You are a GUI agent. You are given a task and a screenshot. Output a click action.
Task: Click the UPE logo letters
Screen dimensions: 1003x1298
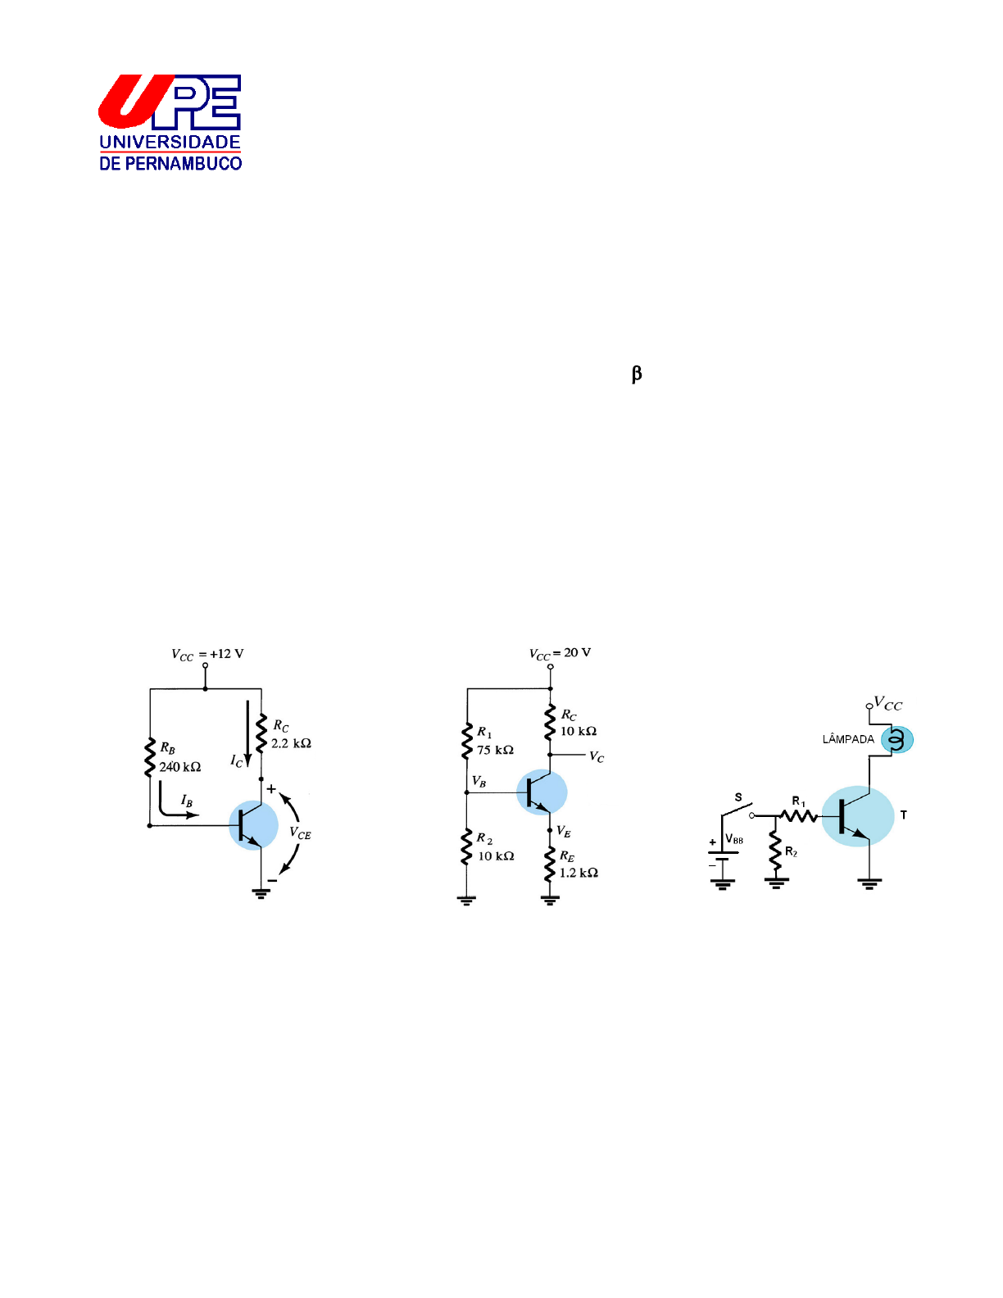point(170,102)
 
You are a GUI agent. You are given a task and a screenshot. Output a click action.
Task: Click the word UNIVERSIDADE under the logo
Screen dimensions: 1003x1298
point(170,142)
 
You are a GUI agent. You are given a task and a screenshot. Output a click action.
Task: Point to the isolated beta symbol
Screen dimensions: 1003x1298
point(637,374)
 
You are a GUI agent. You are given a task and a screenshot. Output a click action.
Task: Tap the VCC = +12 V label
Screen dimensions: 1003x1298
point(207,654)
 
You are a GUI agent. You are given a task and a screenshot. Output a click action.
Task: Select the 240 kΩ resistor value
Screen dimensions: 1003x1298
point(179,767)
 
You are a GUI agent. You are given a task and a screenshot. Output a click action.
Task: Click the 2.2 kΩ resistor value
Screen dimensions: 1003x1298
point(291,743)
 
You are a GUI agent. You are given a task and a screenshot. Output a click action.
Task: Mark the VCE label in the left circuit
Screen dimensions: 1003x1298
point(300,833)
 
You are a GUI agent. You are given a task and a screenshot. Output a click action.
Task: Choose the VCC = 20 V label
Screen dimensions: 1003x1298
point(560,653)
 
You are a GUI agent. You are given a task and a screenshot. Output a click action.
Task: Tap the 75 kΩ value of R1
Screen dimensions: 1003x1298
point(495,750)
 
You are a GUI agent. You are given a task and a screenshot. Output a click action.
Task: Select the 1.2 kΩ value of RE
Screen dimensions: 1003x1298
point(579,873)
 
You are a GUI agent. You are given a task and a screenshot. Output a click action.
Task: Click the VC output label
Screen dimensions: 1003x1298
point(597,757)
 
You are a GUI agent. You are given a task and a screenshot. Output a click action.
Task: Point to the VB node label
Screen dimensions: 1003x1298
point(479,782)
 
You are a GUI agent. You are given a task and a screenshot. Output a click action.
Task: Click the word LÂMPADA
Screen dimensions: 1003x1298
point(848,739)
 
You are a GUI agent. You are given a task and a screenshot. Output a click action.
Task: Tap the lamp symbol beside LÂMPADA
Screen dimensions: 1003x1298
point(896,740)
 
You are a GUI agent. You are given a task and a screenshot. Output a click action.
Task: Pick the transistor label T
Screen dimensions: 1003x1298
point(904,815)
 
